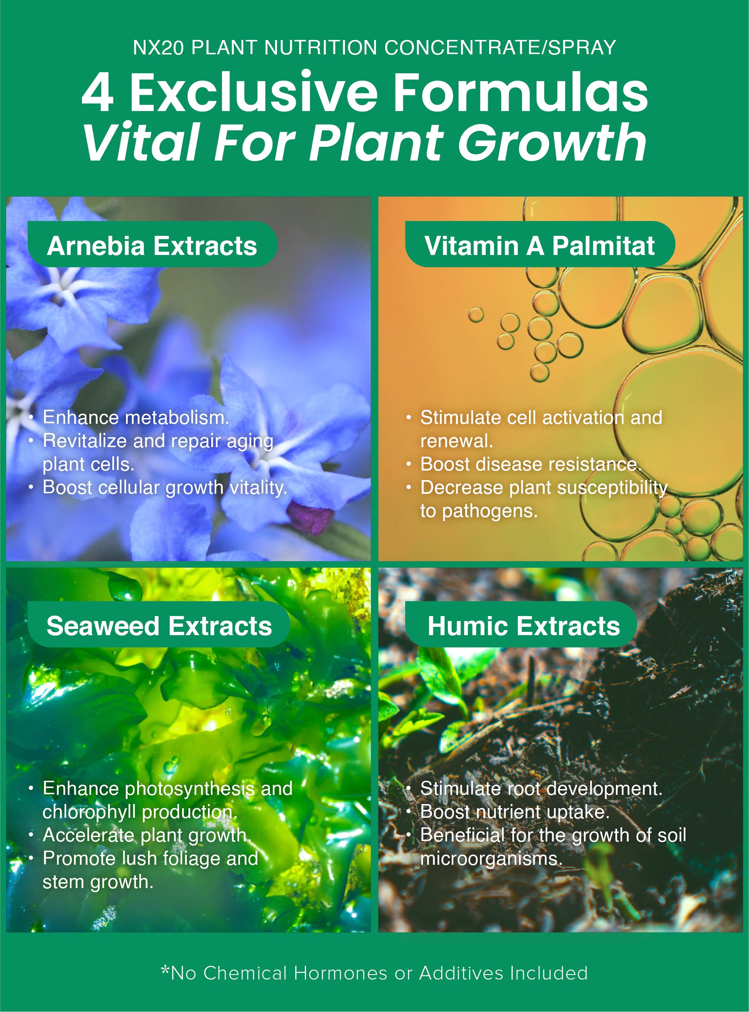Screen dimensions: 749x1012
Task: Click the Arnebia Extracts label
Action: click(152, 245)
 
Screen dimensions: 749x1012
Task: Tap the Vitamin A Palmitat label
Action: click(539, 245)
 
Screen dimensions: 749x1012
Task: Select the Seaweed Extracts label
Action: click(159, 626)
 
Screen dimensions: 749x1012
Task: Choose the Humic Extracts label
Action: click(524, 626)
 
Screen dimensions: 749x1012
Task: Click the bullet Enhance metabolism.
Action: click(136, 418)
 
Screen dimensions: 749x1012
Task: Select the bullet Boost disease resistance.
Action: click(531, 464)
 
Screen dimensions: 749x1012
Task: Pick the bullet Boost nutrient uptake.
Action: click(514, 812)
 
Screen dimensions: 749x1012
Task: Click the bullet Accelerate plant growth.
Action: click(146, 835)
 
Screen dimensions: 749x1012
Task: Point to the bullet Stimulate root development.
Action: click(541, 789)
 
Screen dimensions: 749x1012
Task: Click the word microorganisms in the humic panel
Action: click(491, 859)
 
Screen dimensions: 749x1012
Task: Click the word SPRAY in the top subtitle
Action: click(582, 47)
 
